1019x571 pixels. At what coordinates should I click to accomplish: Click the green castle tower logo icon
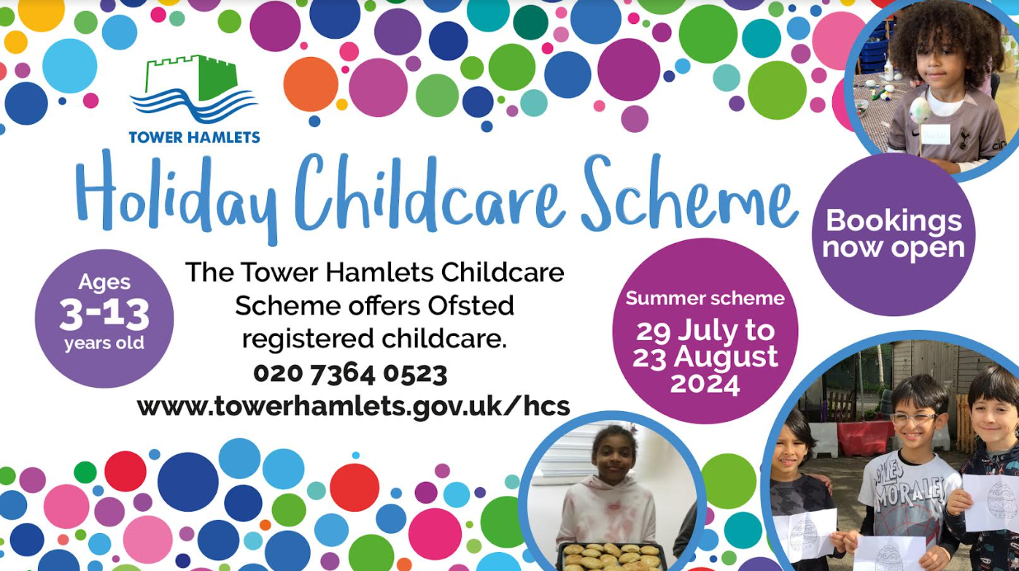coord(193,89)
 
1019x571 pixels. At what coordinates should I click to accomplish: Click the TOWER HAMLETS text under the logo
coord(194,137)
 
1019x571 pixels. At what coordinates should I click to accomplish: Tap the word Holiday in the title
coord(177,196)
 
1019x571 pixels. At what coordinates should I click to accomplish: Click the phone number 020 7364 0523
coord(350,375)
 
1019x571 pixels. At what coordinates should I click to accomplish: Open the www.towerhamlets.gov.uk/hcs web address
coord(354,406)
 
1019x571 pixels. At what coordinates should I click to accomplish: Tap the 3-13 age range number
coord(104,314)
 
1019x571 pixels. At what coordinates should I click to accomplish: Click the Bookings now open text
coord(894,234)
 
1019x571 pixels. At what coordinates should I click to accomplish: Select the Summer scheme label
coord(705,298)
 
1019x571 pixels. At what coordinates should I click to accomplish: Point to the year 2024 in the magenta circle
coord(705,384)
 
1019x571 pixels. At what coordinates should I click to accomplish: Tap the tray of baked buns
coord(613,557)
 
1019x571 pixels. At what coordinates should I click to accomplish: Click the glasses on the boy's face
coord(915,419)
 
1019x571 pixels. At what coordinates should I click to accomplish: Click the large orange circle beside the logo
coord(311,84)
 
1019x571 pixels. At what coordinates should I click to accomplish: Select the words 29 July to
coord(705,331)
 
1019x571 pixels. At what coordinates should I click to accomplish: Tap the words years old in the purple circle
coord(104,343)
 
